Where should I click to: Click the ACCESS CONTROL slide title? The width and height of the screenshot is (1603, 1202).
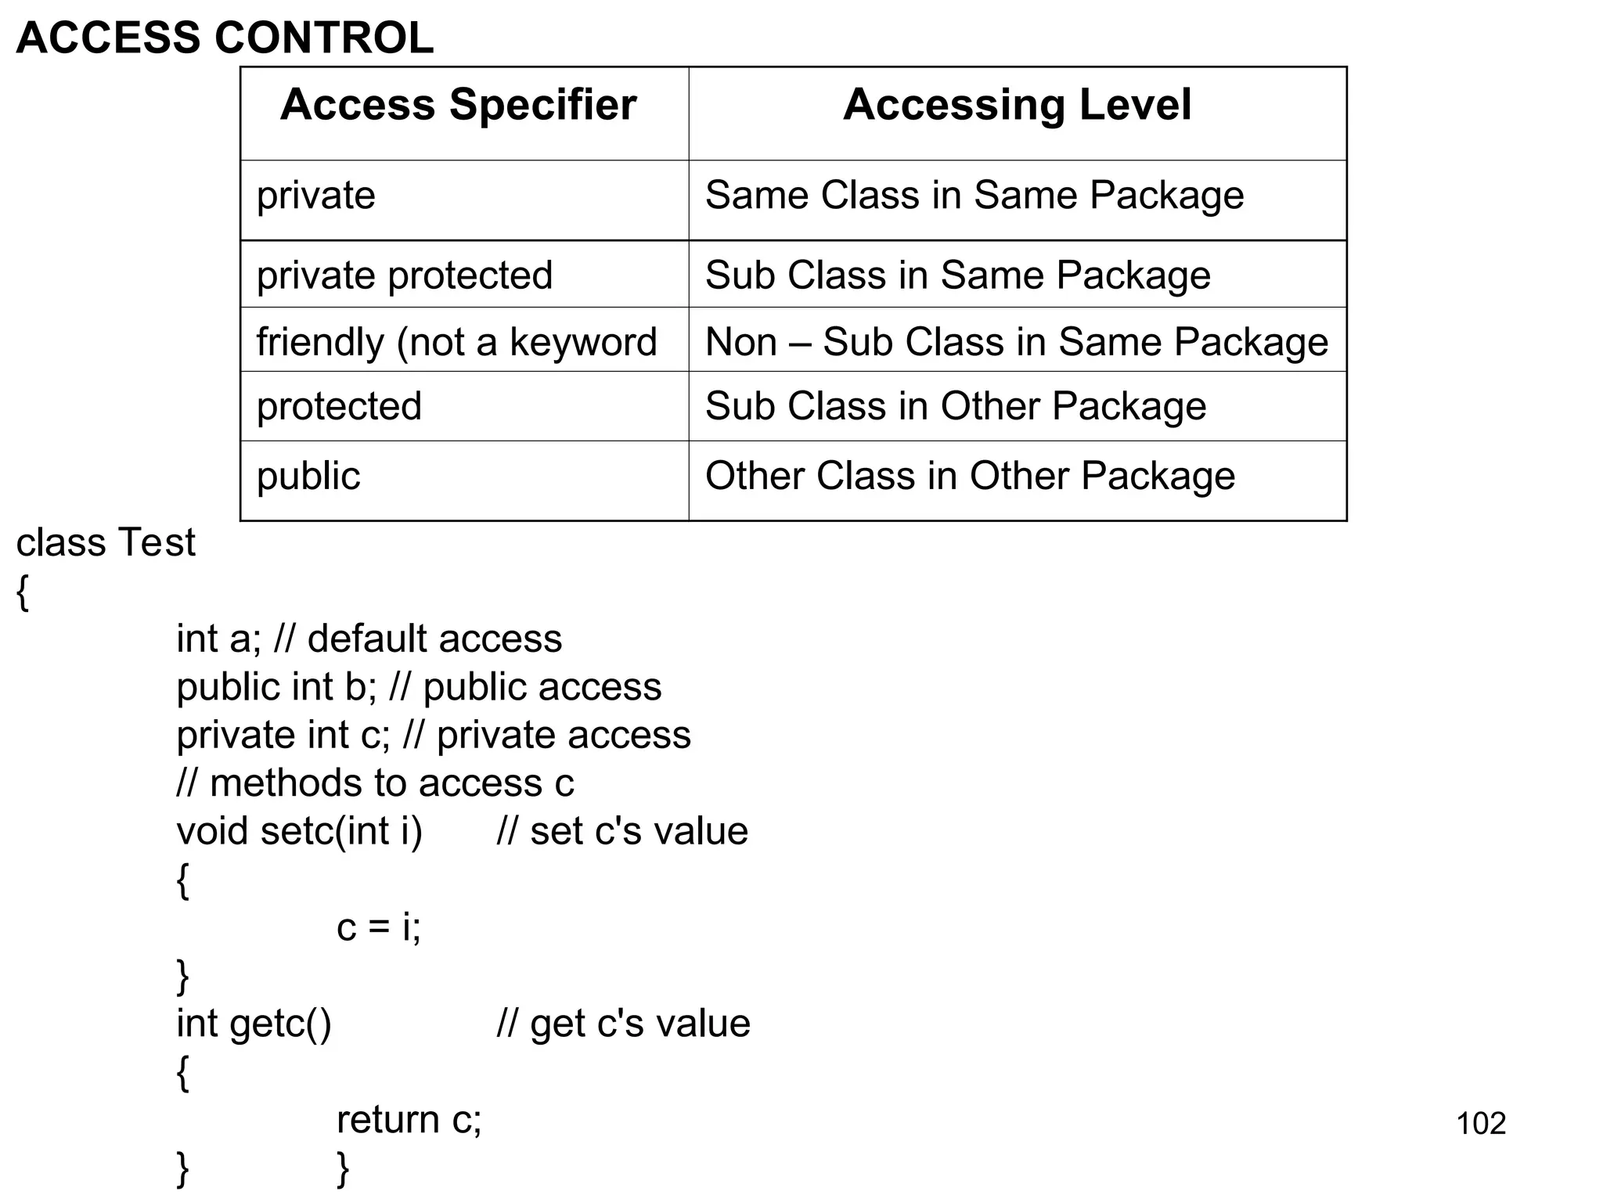[x=225, y=38]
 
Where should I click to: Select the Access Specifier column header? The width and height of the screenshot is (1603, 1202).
[x=458, y=105]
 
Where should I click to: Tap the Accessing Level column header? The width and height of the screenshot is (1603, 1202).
[x=1017, y=105]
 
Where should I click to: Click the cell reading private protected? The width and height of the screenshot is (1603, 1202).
[x=405, y=275]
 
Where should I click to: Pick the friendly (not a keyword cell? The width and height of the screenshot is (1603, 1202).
[x=456, y=342]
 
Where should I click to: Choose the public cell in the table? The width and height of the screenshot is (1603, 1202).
[x=308, y=476]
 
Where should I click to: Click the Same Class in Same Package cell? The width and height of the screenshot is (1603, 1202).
[x=974, y=196]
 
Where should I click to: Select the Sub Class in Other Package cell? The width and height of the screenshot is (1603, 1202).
[x=955, y=406]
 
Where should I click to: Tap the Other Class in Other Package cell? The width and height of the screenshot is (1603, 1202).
[x=970, y=476]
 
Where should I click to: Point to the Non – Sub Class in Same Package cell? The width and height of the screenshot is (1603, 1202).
[x=1016, y=342]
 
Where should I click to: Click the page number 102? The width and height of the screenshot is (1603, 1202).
[x=1481, y=1124]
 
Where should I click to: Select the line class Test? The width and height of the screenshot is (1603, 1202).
[x=106, y=542]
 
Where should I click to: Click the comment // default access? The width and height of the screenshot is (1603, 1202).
[x=418, y=639]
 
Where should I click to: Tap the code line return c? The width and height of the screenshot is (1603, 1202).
[x=409, y=1120]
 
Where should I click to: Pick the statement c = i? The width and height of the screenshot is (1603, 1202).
[x=379, y=927]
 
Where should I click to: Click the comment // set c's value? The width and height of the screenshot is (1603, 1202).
[x=622, y=831]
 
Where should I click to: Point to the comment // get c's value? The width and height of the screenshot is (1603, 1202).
[x=623, y=1024]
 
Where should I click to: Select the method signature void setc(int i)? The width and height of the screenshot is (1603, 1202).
[x=299, y=831]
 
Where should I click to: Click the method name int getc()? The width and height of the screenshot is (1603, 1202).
[x=254, y=1024]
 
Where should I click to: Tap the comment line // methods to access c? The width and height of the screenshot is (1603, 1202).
[x=375, y=783]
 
